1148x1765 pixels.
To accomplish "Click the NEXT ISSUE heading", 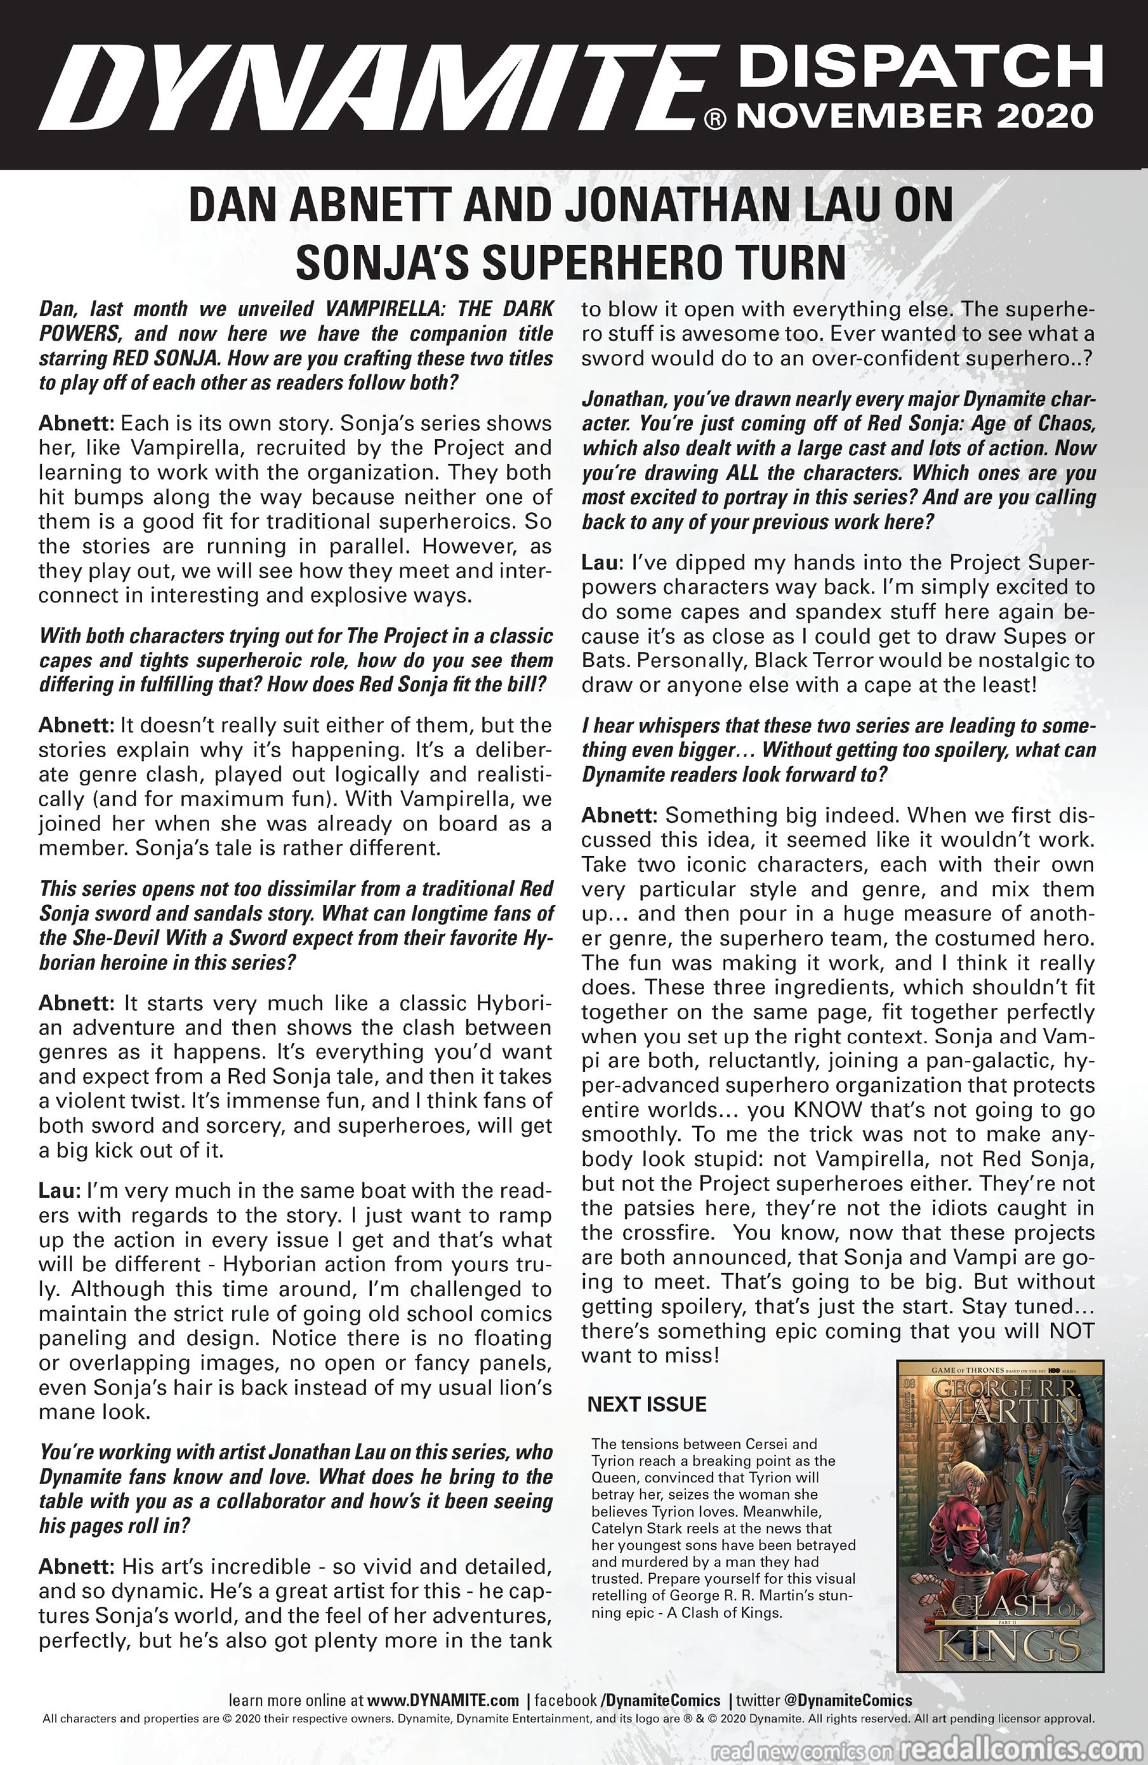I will tap(647, 1405).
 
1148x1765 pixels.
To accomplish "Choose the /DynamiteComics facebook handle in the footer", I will tap(660, 1701).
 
